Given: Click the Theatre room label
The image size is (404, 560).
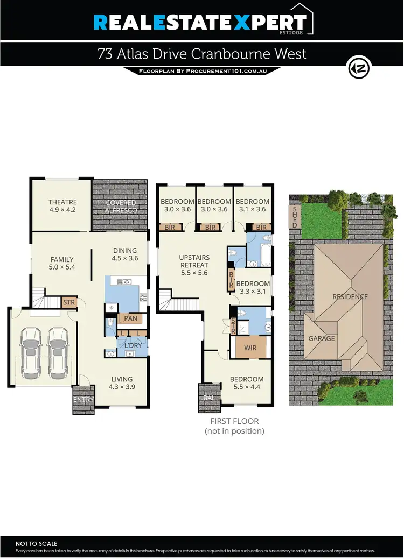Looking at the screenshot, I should tap(62, 206).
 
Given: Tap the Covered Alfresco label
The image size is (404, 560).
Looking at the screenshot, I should tap(121, 207).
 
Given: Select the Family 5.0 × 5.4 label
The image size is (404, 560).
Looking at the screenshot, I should tap(62, 263).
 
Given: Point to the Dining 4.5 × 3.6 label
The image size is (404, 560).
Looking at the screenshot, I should tap(125, 254).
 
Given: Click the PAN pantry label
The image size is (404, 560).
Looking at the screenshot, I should tap(130, 319).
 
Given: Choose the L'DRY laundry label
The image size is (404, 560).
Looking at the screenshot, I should tap(133, 345).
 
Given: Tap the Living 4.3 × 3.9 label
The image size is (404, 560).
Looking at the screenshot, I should tap(121, 382).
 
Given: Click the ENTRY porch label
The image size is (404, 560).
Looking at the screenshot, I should tap(83, 400).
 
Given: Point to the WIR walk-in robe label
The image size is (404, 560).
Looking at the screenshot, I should tap(250, 348).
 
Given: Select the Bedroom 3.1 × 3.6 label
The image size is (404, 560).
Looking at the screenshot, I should tap(252, 206).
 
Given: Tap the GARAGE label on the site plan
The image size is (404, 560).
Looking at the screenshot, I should tap(322, 338).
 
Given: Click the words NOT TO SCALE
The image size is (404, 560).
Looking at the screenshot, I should tap(36, 544).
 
